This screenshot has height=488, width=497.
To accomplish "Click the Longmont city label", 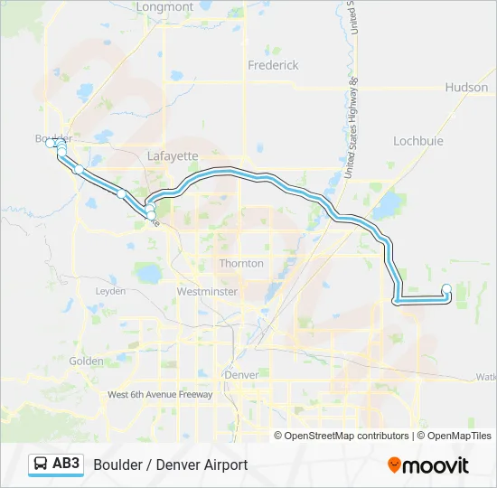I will [164, 7].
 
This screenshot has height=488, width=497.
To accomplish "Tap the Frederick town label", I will [273, 65].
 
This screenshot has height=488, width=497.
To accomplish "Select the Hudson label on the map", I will [466, 88].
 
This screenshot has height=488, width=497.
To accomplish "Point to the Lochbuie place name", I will [417, 140].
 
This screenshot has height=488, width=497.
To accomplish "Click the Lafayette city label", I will [172, 155].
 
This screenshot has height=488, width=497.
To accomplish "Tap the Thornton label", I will [241, 263].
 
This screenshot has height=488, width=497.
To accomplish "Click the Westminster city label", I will [207, 292].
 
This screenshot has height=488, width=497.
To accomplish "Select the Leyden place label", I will [110, 291].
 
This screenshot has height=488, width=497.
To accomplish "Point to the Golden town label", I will [87, 361].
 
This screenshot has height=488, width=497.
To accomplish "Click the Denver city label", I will [241, 374].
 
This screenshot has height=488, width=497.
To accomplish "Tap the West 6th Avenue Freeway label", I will [160, 394].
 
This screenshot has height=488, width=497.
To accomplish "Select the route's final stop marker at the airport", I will [446, 288].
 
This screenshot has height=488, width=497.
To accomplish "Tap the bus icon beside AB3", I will [42, 465].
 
